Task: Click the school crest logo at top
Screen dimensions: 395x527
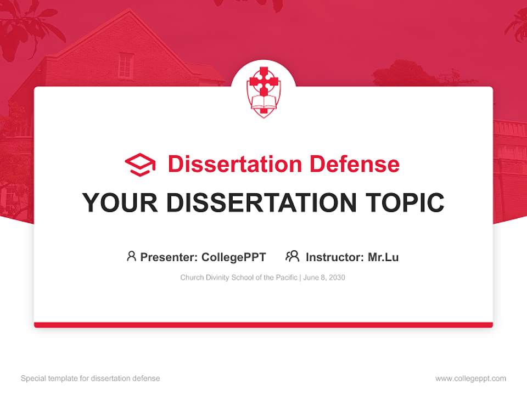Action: point(263,91)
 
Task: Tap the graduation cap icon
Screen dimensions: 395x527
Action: point(140,165)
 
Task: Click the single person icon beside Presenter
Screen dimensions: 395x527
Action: point(131,256)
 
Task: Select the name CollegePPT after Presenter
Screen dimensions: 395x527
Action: point(234,257)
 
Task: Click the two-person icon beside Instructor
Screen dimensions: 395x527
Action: point(292,256)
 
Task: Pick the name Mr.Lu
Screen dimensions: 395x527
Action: point(383,257)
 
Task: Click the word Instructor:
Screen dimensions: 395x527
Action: point(334,257)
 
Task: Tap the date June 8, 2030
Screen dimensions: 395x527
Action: point(324,278)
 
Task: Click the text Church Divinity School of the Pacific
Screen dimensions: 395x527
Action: point(239,278)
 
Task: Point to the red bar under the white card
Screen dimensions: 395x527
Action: point(263,325)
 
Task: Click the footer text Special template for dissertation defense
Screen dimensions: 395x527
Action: point(91,379)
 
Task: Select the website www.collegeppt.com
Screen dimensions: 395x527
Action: point(470,379)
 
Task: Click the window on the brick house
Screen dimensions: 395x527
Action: point(126,66)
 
